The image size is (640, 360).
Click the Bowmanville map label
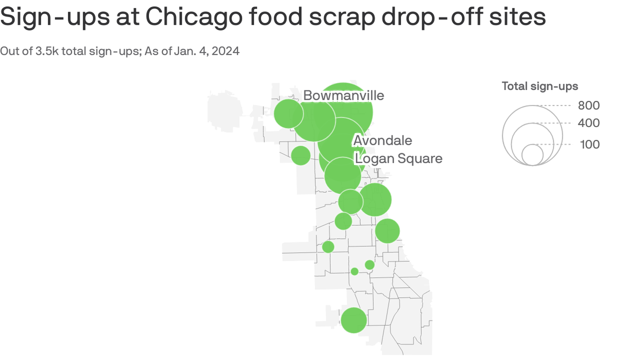point(343,96)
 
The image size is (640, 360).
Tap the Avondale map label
point(383,141)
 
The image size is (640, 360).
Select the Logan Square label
point(398,158)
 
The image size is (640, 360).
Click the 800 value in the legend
point(588,105)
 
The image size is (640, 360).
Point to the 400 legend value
point(588,123)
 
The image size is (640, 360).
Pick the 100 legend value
point(589,144)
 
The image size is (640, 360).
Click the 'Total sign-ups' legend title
point(540,86)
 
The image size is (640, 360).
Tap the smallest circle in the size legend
point(532,155)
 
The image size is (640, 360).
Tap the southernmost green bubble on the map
point(354,320)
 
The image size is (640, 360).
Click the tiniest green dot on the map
point(355,271)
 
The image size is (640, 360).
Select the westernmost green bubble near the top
point(288,113)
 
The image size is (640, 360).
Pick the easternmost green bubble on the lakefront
point(387,231)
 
